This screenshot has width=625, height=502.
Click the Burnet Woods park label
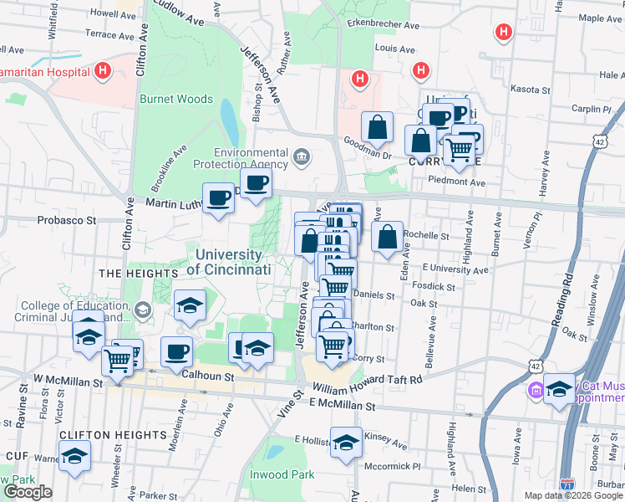(x=176, y=99)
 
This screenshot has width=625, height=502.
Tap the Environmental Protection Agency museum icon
(x=302, y=156)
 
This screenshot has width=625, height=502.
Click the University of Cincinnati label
(x=229, y=263)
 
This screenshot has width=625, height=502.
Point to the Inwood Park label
(x=282, y=474)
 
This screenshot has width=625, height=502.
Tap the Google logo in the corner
(x=28, y=492)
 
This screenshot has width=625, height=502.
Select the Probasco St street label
(x=67, y=221)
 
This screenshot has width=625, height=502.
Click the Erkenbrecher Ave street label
(x=384, y=26)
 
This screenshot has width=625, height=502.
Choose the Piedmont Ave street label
(x=455, y=182)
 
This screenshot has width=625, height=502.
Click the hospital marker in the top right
(x=503, y=33)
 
